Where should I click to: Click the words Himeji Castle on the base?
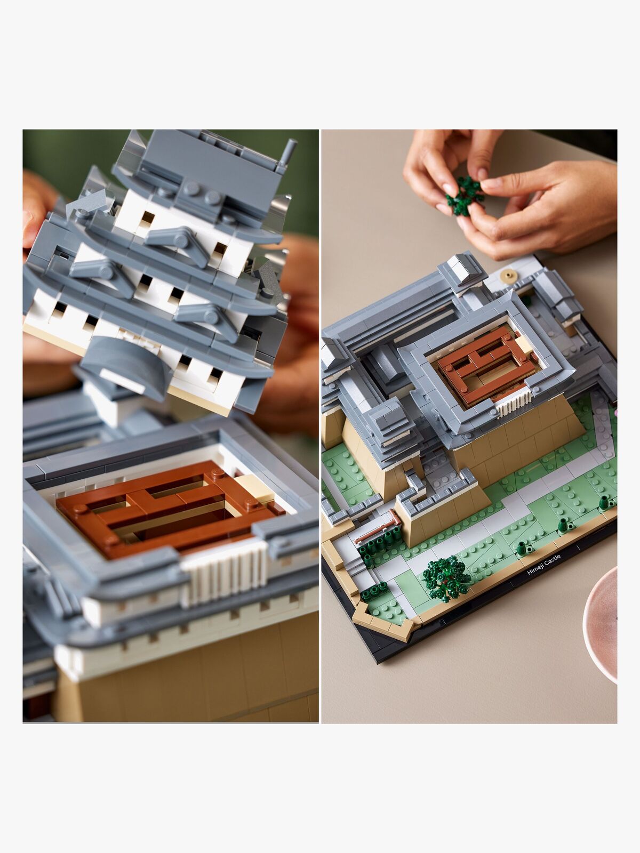[x=544, y=565]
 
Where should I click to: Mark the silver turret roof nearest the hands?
[x=462, y=268]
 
